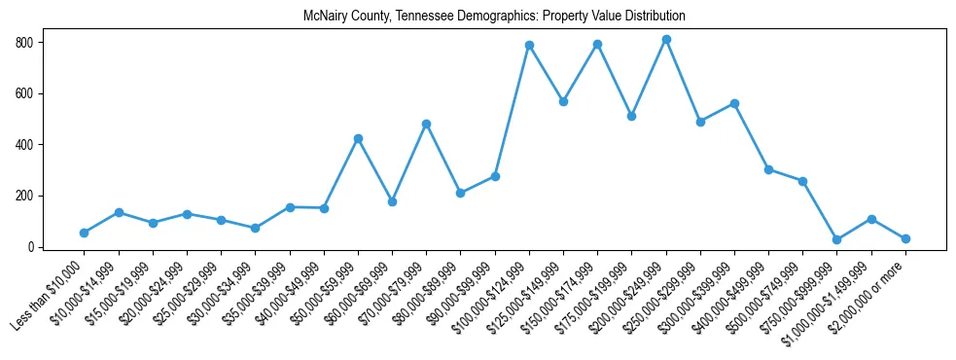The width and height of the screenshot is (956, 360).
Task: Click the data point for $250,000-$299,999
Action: click(x=700, y=122)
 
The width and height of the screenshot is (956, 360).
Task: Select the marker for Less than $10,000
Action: click(x=85, y=233)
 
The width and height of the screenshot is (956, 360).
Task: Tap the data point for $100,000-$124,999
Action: click(x=529, y=45)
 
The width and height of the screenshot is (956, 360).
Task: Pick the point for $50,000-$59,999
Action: click(x=358, y=138)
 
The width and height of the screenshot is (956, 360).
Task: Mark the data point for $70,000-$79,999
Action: click(x=426, y=124)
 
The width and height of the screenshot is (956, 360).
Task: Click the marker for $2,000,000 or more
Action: click(x=905, y=238)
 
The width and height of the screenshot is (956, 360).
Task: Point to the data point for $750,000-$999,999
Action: click(x=837, y=239)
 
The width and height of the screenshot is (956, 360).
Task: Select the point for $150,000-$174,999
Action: click(x=597, y=44)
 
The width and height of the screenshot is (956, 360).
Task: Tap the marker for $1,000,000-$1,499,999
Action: click(x=871, y=219)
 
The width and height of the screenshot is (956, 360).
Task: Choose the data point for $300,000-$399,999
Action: click(x=734, y=103)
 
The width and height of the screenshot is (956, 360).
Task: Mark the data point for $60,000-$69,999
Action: click(x=392, y=201)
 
